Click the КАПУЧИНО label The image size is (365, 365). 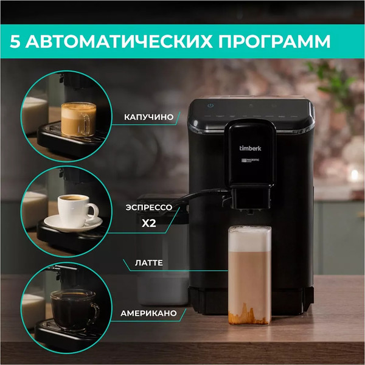click(x=149, y=116)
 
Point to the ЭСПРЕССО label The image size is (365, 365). click(x=152, y=207)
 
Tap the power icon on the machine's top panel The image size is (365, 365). click(x=210, y=105)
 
